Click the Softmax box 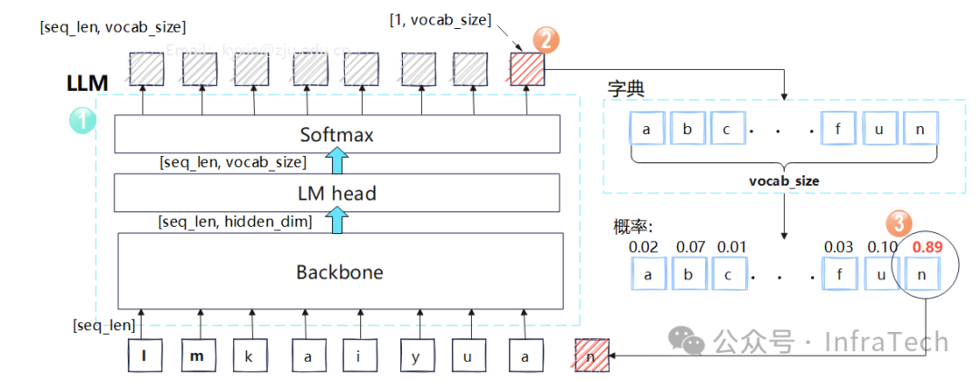tap(338, 135)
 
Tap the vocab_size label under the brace tap(785, 181)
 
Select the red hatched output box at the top tap(527, 68)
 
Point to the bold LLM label tap(87, 83)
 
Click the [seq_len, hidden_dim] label tap(235, 220)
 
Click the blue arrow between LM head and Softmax tap(338, 162)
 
